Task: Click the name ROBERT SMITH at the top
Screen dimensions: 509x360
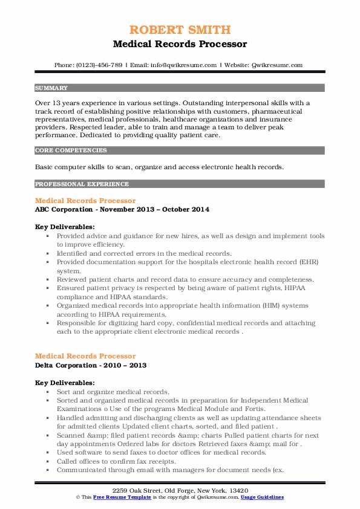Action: point(180,30)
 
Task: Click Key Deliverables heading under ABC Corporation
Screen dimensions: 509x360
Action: point(65,227)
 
